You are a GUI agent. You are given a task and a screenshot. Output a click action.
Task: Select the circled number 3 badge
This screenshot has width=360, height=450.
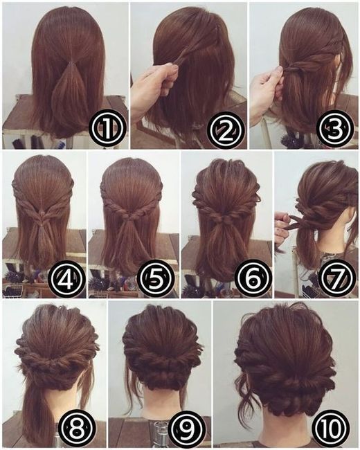pos(334,128)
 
